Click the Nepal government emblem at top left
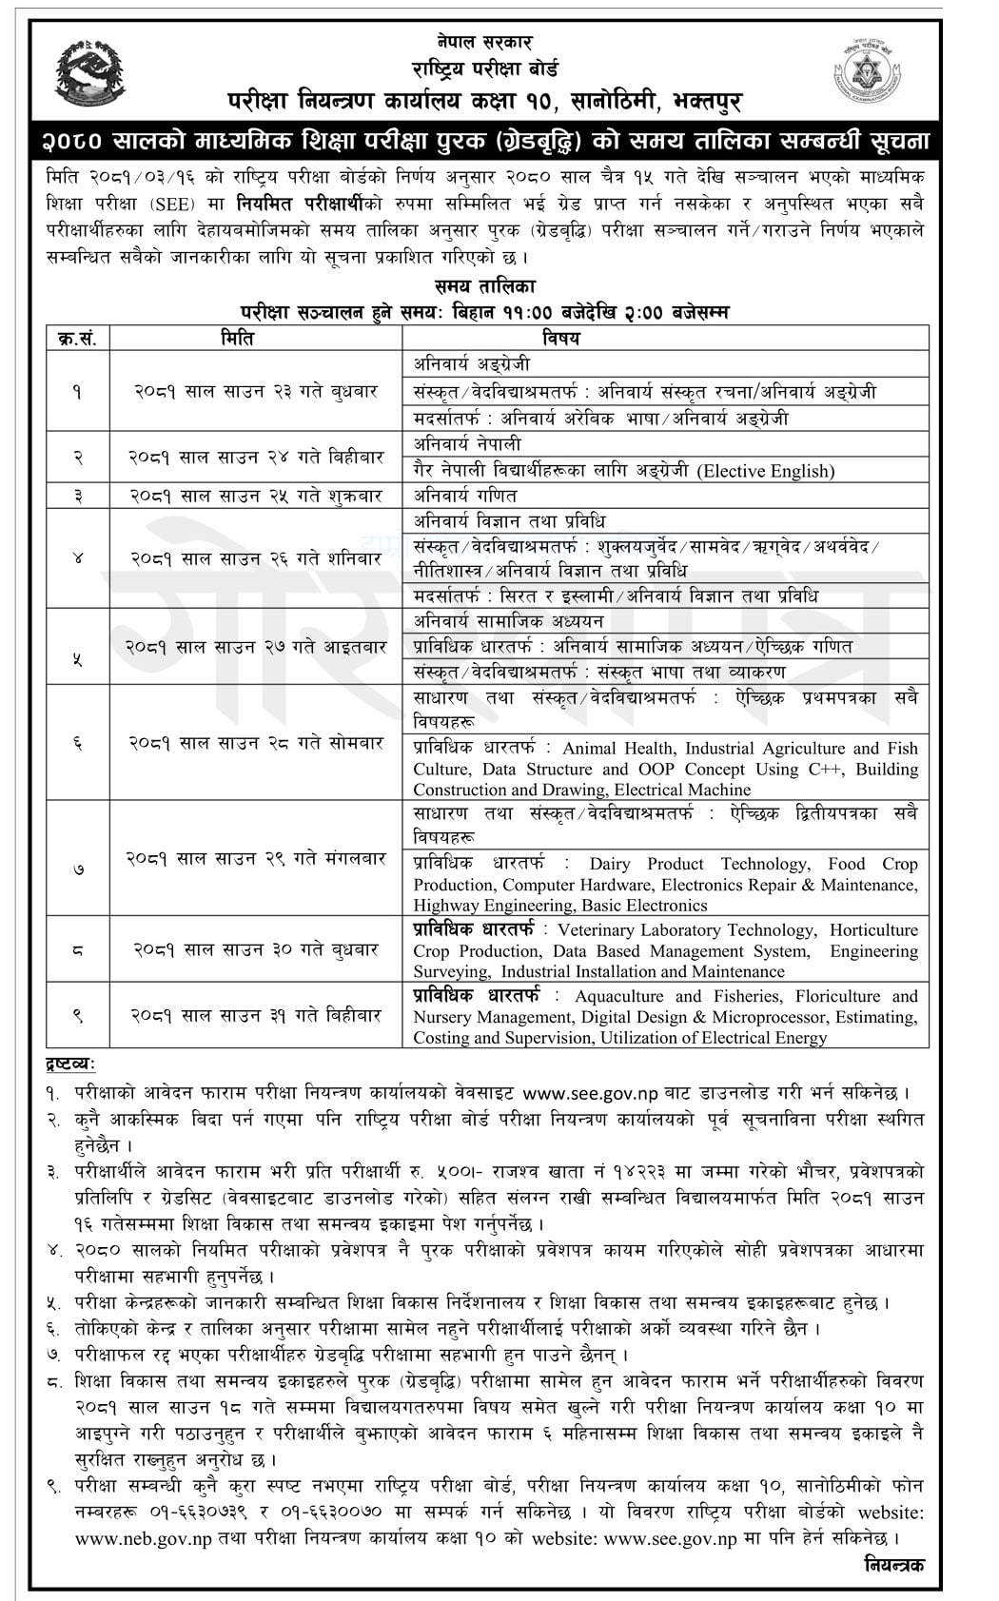(90, 73)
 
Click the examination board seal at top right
(868, 70)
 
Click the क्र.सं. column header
(78, 338)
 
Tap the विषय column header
(561, 338)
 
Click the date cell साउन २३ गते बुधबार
(255, 391)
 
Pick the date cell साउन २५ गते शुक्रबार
(255, 496)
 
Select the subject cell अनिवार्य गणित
(465, 496)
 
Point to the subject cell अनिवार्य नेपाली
(467, 444)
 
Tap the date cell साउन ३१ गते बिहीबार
(255, 1015)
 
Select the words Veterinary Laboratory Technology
(686, 930)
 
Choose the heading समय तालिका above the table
(484, 286)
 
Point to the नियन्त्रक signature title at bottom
(893, 1564)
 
